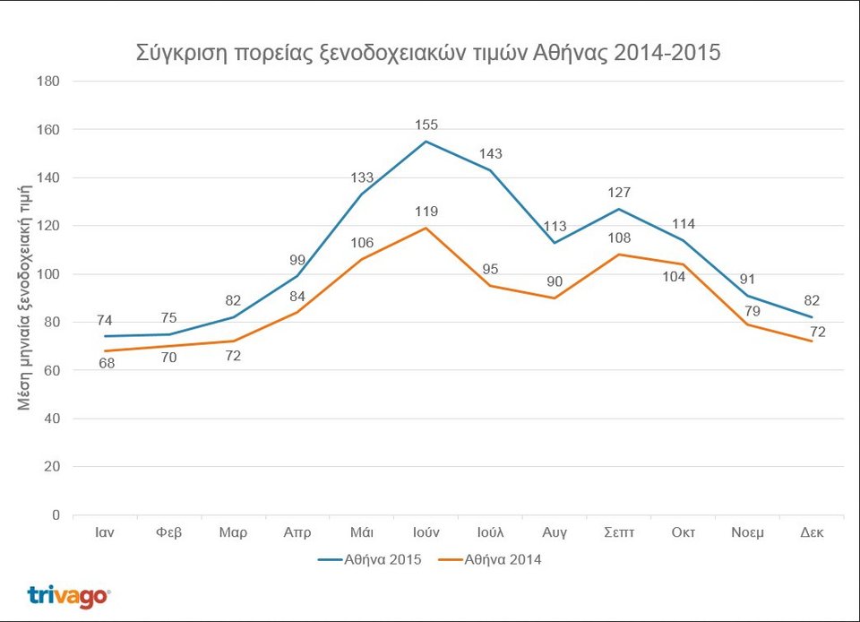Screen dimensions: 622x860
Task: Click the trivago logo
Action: (69, 596)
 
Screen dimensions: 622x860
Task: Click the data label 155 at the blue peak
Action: (426, 125)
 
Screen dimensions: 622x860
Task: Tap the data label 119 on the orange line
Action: (426, 212)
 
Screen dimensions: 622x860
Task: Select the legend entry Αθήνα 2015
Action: (366, 560)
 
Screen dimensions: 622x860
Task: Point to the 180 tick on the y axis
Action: (48, 82)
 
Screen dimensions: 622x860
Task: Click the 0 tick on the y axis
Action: (56, 515)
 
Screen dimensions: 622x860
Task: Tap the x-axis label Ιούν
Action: (426, 532)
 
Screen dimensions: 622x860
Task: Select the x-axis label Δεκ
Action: (812, 532)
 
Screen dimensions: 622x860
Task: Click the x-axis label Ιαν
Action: (104, 532)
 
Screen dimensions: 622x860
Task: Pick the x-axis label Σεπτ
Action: (619, 532)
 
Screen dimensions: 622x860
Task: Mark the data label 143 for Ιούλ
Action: (490, 154)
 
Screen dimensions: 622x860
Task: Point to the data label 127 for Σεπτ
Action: (619, 193)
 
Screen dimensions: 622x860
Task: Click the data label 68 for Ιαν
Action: (106, 364)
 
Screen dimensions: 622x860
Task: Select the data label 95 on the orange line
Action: (490, 269)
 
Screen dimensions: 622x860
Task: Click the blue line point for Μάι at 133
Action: (362, 194)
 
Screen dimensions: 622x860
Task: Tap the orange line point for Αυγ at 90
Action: (555, 298)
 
